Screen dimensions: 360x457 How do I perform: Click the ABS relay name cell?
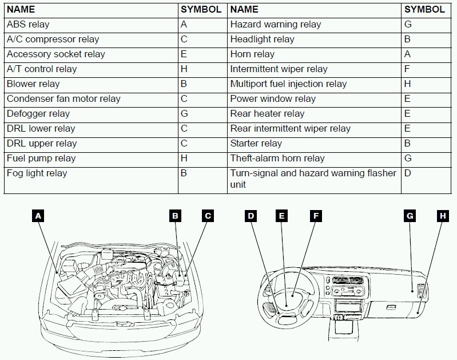point(28,25)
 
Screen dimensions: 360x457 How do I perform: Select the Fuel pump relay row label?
point(41,159)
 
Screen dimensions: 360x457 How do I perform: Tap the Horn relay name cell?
point(252,54)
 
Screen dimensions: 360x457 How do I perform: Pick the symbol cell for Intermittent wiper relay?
point(408,69)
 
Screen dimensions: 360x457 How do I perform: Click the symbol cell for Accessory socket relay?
point(184,54)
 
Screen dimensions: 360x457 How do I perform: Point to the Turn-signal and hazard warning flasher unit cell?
point(313,179)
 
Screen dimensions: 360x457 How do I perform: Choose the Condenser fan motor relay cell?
point(63,99)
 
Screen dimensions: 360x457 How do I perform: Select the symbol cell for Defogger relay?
point(184,114)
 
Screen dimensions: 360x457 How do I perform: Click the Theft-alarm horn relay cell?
point(277,159)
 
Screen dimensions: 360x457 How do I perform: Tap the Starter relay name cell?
point(256,144)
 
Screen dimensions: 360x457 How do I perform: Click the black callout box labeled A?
point(38,216)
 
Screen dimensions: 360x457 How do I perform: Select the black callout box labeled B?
point(176,216)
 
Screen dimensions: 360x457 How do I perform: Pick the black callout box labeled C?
point(208,216)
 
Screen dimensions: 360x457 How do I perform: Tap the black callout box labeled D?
point(251,216)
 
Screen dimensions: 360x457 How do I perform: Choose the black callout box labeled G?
point(410,216)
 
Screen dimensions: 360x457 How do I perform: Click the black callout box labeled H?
point(442,216)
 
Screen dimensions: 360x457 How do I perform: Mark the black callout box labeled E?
point(281,216)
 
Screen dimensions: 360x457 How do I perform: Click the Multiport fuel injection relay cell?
point(288,84)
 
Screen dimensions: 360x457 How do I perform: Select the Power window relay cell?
point(273,99)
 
